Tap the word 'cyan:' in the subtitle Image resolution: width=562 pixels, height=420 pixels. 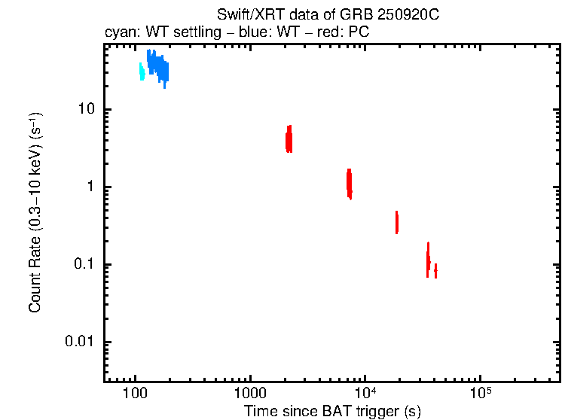click(x=120, y=33)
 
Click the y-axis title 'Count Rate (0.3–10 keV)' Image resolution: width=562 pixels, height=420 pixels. click(x=35, y=213)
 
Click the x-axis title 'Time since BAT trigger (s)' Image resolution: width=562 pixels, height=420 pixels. click(x=331, y=411)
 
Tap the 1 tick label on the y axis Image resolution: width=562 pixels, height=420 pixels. click(x=87, y=187)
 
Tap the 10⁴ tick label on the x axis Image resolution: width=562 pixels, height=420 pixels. click(x=365, y=391)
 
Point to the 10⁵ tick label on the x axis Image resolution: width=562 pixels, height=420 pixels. click(x=480, y=391)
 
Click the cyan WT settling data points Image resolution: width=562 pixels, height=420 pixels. click(x=142, y=72)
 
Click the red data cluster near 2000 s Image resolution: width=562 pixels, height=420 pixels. click(x=289, y=139)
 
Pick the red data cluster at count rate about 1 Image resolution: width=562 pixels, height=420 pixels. click(x=349, y=183)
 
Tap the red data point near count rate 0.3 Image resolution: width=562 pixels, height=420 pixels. click(x=396, y=223)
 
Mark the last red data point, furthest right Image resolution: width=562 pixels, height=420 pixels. click(x=435, y=270)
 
